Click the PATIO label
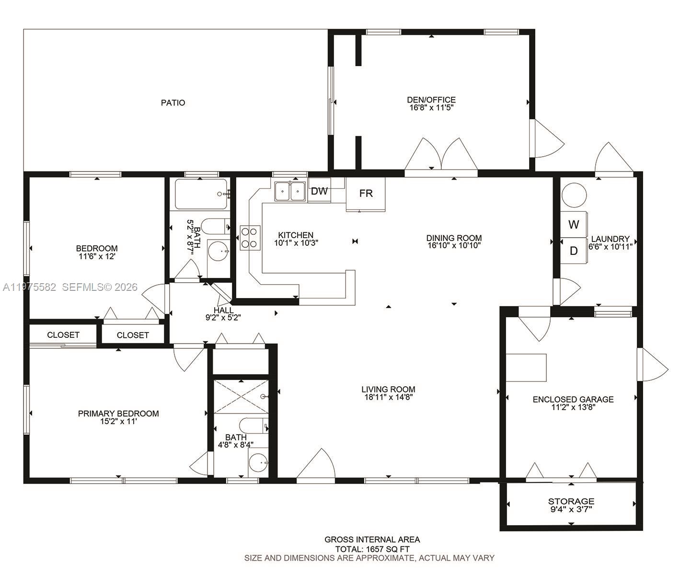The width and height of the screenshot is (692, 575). [173, 103]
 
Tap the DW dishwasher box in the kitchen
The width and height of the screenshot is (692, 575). [319, 191]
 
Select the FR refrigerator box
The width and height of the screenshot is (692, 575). [366, 194]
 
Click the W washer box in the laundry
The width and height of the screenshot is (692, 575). [574, 224]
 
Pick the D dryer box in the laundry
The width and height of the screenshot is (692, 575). [574, 251]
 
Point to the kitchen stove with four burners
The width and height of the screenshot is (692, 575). [250, 238]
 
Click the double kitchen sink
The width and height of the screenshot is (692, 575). [290, 191]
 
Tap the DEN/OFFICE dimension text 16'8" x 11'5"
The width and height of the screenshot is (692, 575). [431, 108]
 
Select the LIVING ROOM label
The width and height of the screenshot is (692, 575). [388, 389]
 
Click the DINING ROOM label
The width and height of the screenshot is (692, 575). [454, 238]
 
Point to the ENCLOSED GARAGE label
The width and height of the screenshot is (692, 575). [573, 399]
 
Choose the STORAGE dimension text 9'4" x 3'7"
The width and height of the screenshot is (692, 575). [571, 509]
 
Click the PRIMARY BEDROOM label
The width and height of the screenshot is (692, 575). [118, 414]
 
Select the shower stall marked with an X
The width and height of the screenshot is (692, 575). [241, 397]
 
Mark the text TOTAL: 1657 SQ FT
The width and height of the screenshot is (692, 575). [372, 549]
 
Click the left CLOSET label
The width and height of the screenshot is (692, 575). [63, 335]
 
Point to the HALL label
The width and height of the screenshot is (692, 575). [224, 310]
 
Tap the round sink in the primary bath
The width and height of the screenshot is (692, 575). [258, 463]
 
